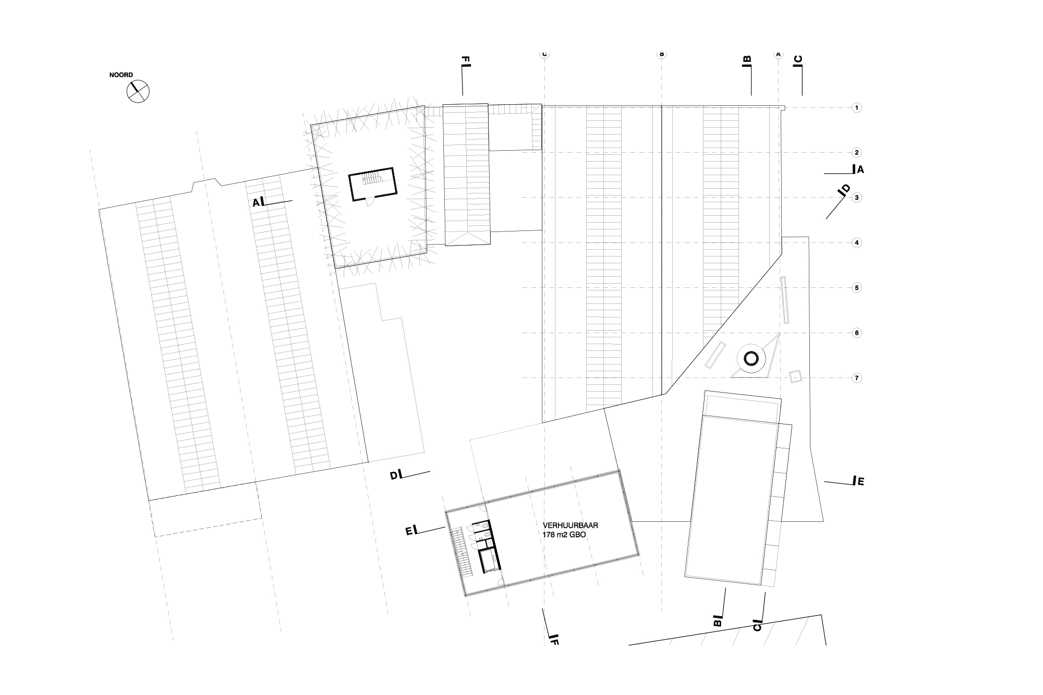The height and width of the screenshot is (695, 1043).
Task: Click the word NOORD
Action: [x=121, y=75]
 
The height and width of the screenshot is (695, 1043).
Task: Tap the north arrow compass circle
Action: [x=138, y=92]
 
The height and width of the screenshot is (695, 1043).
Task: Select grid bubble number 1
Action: [x=856, y=108]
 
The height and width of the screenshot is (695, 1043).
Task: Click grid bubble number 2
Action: [x=856, y=153]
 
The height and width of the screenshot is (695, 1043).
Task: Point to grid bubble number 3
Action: [x=856, y=198]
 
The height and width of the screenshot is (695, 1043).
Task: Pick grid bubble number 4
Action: [x=856, y=242]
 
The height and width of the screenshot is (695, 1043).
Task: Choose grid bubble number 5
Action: [x=856, y=288]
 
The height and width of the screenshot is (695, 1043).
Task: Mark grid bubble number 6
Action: [x=856, y=333]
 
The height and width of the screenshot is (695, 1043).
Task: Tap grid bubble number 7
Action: [x=856, y=378]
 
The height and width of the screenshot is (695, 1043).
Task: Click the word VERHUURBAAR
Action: [x=570, y=526]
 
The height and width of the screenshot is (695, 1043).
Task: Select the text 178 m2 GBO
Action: [x=565, y=534]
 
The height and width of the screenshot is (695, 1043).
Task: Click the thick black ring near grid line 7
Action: [x=751, y=358]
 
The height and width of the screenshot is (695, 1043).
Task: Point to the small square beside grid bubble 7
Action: [x=795, y=376]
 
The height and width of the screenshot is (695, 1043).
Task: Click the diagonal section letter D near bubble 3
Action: [x=845, y=189]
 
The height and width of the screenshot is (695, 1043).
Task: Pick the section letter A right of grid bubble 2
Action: [x=860, y=169]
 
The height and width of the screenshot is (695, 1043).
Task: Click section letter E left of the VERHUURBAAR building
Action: [x=409, y=531]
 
